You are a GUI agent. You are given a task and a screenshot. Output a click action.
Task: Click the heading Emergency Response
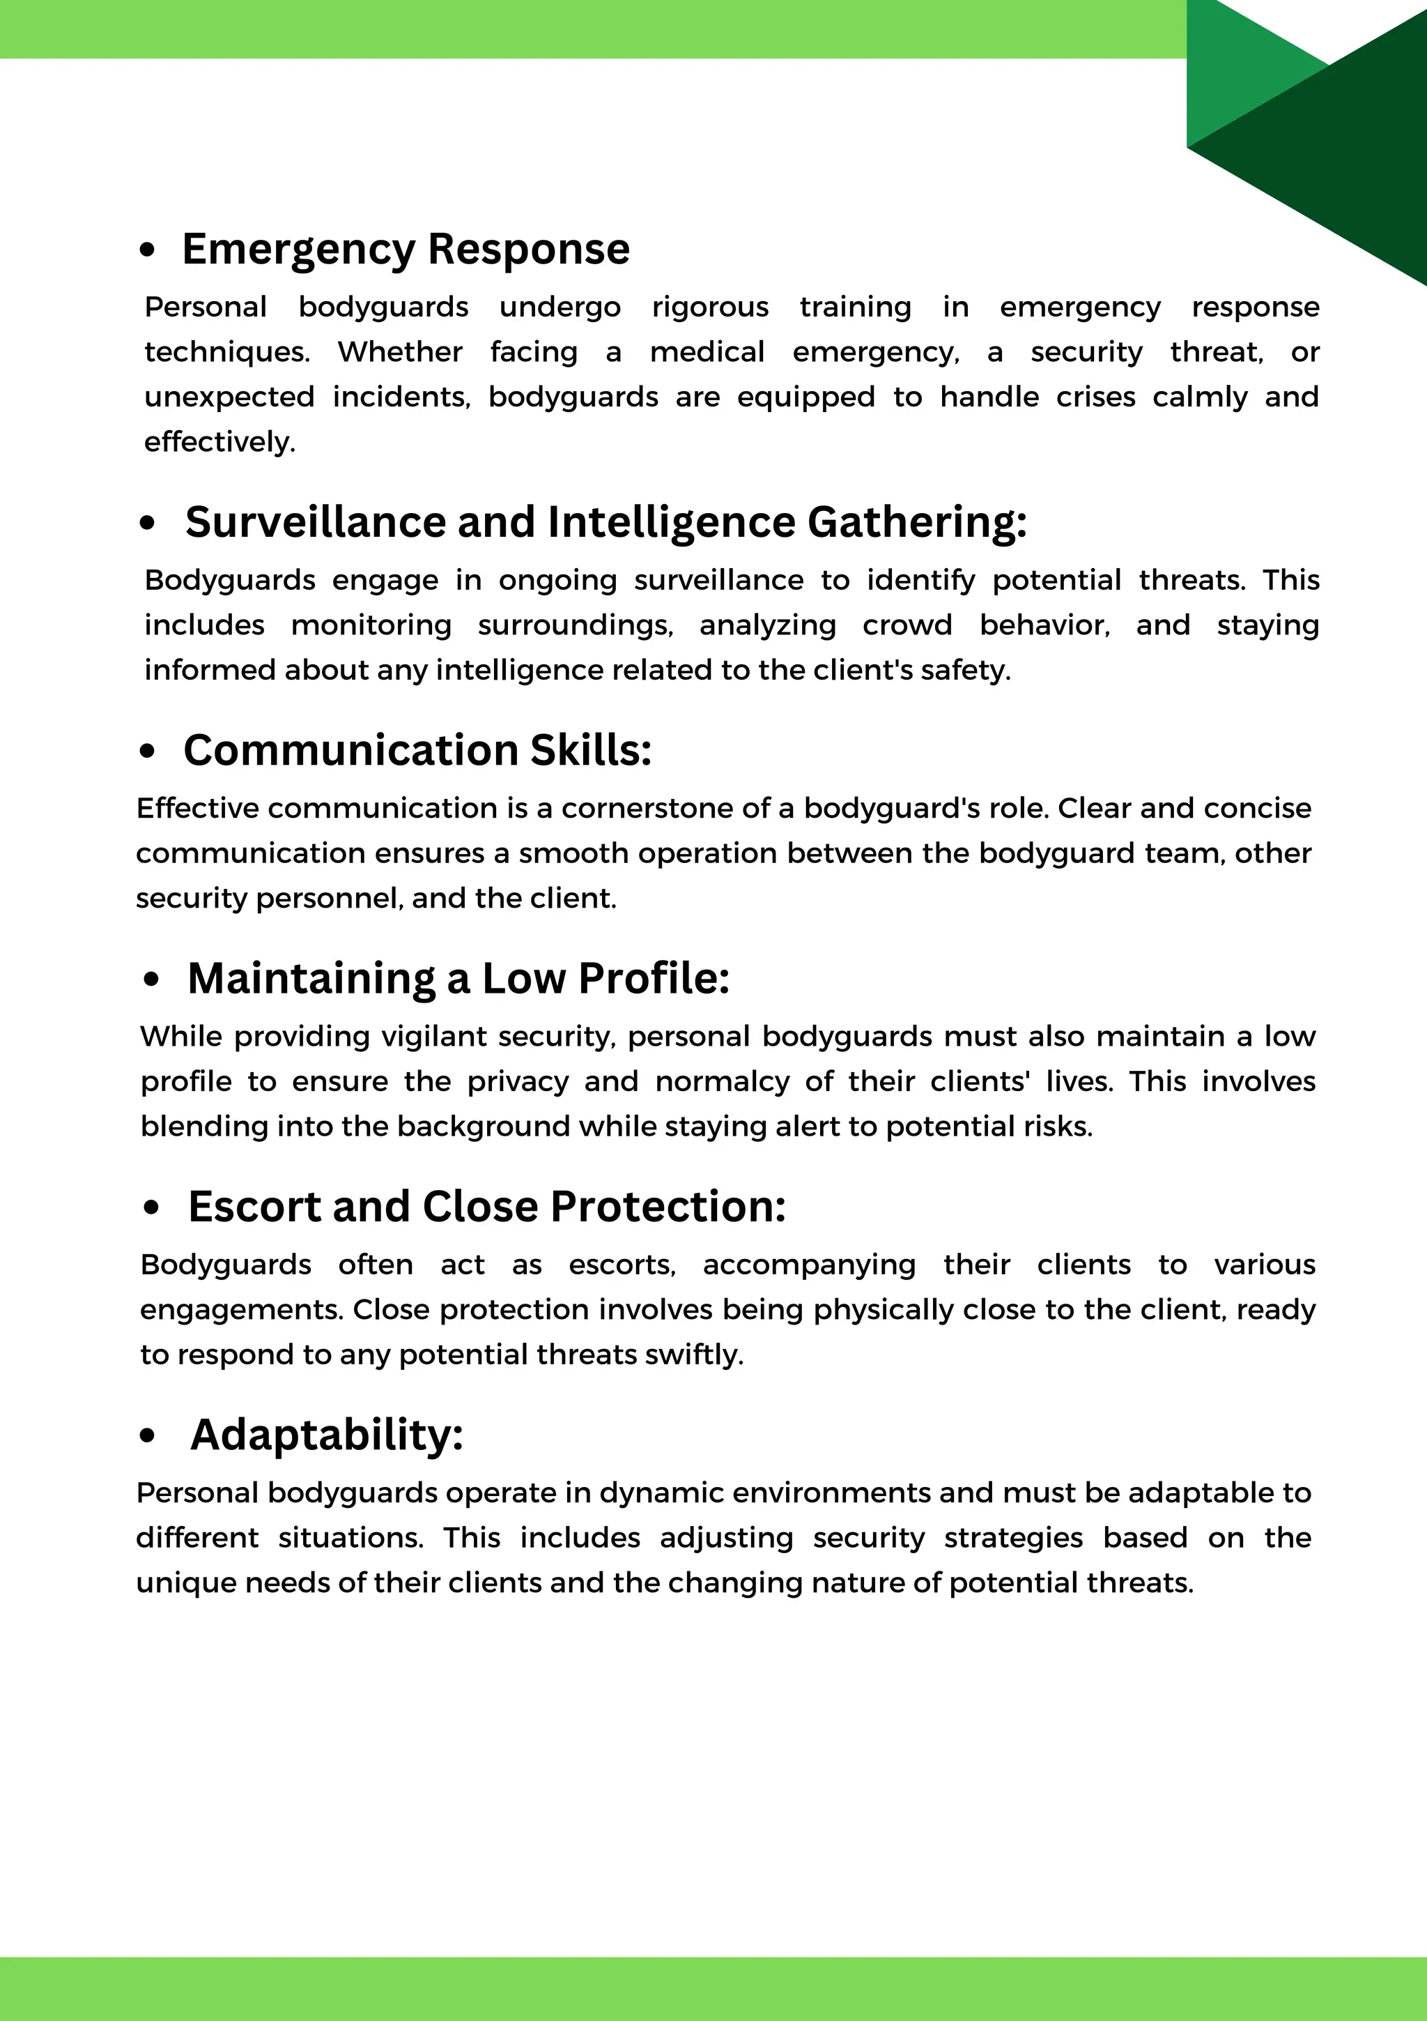(406, 249)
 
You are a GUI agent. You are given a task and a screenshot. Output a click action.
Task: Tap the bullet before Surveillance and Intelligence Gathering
(147, 523)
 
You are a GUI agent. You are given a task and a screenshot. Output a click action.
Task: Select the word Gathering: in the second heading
(917, 522)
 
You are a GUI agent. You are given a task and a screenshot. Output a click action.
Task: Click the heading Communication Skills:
(417, 750)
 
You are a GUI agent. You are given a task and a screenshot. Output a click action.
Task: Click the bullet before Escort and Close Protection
(151, 1207)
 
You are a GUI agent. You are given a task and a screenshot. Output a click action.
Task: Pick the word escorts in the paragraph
(621, 1265)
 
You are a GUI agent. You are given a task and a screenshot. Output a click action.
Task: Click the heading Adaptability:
(326, 1435)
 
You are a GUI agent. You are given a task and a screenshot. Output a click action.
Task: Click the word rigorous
(710, 307)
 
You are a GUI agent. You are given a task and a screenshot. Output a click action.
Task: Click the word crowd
(907, 625)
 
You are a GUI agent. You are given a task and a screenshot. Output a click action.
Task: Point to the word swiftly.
(694, 1355)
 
